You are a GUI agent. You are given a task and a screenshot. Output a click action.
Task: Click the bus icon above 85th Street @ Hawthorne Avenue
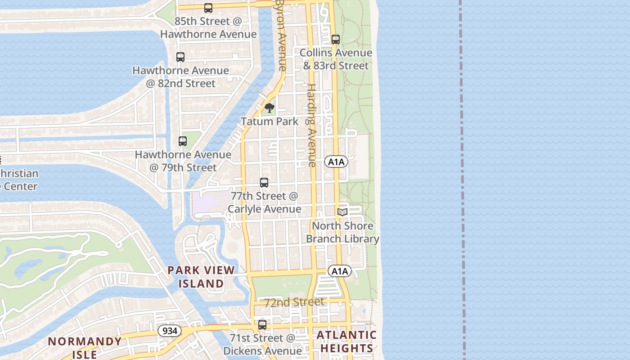click(x=208, y=8)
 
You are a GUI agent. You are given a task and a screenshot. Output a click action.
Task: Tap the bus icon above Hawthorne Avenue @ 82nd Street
click(x=180, y=57)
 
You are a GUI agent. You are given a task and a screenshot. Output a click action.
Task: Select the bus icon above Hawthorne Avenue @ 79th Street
click(x=182, y=141)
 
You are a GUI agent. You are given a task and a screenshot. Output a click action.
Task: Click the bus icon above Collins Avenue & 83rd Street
click(x=336, y=40)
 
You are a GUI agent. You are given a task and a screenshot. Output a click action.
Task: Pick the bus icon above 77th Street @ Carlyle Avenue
click(x=264, y=183)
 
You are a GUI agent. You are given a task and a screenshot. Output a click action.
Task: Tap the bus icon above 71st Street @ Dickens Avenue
click(x=262, y=324)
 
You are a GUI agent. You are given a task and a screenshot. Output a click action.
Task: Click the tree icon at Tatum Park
click(x=270, y=108)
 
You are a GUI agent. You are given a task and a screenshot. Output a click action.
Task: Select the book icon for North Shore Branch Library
click(x=342, y=212)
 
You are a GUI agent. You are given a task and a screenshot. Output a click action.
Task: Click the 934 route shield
click(x=170, y=331)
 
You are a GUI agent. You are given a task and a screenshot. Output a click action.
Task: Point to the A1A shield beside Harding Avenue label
click(x=336, y=162)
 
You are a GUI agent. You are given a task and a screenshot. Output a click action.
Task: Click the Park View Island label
click(x=201, y=277)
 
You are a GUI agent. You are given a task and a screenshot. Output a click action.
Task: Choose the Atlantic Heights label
click(x=346, y=342)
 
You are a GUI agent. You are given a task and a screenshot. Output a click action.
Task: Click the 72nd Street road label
click(x=294, y=302)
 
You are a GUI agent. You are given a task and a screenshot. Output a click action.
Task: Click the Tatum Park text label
click(x=270, y=121)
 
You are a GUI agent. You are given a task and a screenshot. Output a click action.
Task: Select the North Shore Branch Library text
click(x=342, y=232)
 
